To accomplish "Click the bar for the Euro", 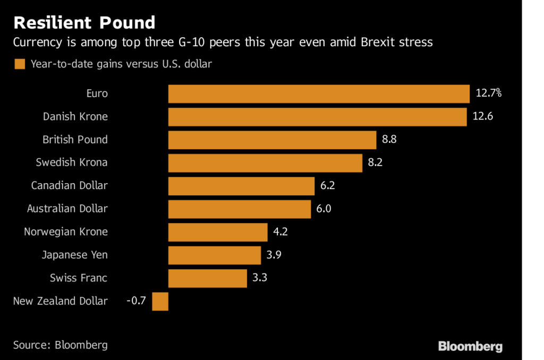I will tap(319, 94).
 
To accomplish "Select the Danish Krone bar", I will tap(317, 117).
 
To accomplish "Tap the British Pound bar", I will tap(272, 140).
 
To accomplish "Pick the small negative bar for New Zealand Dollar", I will tap(160, 301).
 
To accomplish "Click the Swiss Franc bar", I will tap(208, 278).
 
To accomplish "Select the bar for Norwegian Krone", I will tap(218, 232).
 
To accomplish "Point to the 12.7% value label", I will tap(489, 93).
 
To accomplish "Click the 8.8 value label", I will tap(389, 140).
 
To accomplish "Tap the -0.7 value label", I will tap(136, 301).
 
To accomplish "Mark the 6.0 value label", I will tap(324, 209).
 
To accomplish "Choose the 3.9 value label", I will tap(274, 255).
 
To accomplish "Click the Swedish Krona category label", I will tap(72, 162).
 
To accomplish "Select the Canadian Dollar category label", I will tap(69, 186).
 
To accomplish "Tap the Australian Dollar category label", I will tap(67, 209).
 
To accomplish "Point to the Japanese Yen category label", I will tap(75, 255).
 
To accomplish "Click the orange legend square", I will tap(20, 64).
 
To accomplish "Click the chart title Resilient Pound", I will tap(84, 22).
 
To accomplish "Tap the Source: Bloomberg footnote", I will tap(61, 345).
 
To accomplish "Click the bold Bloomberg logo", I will tap(470, 346).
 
